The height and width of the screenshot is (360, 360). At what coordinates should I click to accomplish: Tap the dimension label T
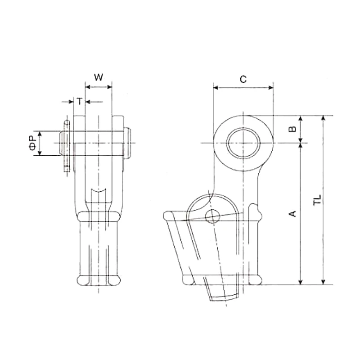pos(79,102)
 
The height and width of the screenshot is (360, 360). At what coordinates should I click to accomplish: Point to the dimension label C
pos(243,80)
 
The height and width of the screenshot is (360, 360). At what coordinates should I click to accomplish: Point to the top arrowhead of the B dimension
pos(301,119)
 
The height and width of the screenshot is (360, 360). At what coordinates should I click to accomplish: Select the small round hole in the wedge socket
pos(212,216)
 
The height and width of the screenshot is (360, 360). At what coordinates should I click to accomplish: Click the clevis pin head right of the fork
pos(129,143)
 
